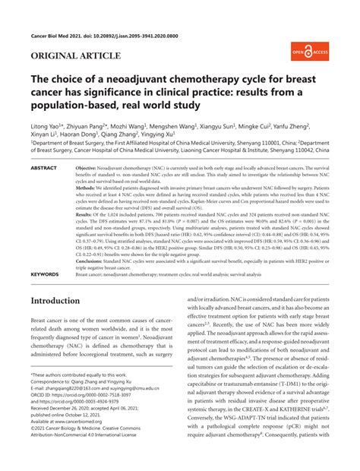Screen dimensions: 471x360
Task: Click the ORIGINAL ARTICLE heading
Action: click(75, 56)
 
